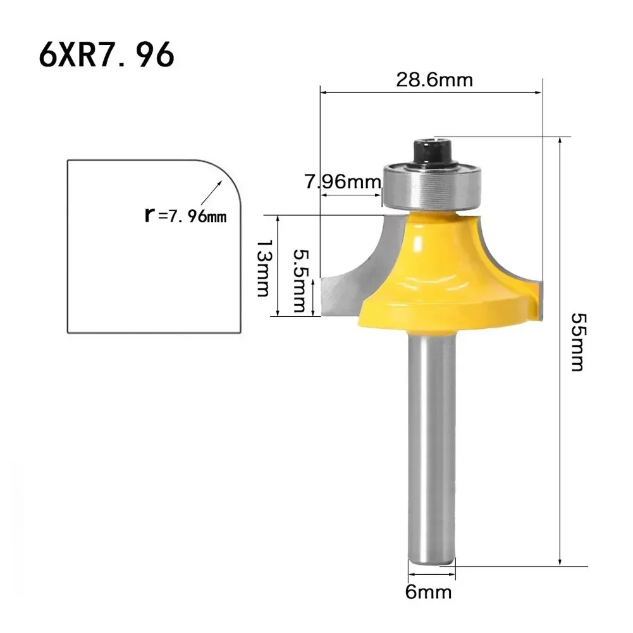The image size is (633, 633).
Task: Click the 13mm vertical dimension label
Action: [262, 267]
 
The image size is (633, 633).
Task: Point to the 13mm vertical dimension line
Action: [278, 266]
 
